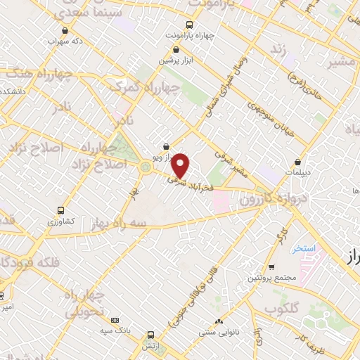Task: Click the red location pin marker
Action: point(181,165)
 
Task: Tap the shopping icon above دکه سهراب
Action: point(65,30)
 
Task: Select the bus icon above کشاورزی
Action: point(62,210)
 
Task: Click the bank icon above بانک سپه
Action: point(115,320)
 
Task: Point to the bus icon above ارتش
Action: point(150,335)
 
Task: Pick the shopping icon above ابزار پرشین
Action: point(176,49)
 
